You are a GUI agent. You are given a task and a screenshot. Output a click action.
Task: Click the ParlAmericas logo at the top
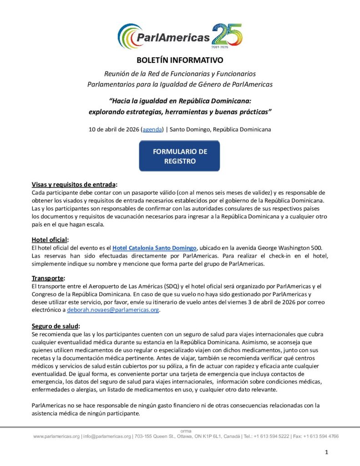click(x=164, y=35)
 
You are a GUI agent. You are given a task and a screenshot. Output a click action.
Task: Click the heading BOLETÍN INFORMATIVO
click(x=180, y=60)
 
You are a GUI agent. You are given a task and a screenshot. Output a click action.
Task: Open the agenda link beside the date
click(x=152, y=129)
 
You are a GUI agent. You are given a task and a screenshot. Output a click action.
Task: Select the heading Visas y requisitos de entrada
click(x=74, y=184)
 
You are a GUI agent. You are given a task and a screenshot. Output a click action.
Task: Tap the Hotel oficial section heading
click(x=50, y=240)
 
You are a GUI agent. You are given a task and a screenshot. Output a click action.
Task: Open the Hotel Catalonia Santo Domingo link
click(x=154, y=248)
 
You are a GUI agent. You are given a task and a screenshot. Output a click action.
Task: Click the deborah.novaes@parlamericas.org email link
click(x=113, y=310)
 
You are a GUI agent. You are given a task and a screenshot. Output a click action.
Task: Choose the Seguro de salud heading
click(x=56, y=326)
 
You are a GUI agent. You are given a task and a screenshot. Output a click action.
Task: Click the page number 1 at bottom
click(x=327, y=452)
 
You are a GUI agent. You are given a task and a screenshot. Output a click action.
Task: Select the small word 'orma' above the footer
click(x=186, y=431)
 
